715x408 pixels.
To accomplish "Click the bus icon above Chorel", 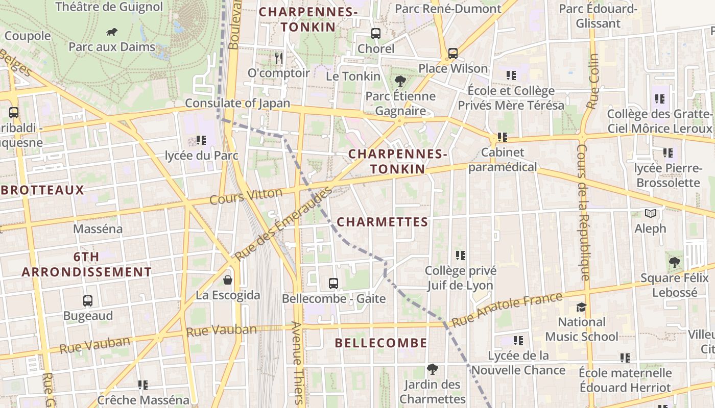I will [x=376, y=34].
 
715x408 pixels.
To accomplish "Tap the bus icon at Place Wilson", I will [x=452, y=54].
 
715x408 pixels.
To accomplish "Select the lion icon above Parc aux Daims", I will [x=112, y=32].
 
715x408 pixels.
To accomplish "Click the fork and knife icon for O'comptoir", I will [x=278, y=58].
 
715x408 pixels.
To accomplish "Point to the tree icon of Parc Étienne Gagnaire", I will [x=400, y=81].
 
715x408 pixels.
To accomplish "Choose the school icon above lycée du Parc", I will [x=201, y=140].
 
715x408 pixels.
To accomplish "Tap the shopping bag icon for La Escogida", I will [x=228, y=280].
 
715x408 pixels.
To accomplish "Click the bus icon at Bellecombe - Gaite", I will [x=333, y=283].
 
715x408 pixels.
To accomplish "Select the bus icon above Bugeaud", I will [x=88, y=301].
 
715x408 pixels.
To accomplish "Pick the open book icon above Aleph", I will [x=650, y=213].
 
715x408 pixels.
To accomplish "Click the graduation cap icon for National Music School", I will [x=581, y=307].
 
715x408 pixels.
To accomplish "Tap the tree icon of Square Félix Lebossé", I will [x=675, y=263].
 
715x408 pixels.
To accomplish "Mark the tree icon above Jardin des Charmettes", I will [x=433, y=369].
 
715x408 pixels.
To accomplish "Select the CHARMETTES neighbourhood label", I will [x=383, y=222].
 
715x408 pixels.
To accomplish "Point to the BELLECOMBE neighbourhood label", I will [x=381, y=343].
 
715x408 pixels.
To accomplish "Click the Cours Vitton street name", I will [x=246, y=196].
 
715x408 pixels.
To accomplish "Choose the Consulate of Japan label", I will [x=237, y=103].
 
